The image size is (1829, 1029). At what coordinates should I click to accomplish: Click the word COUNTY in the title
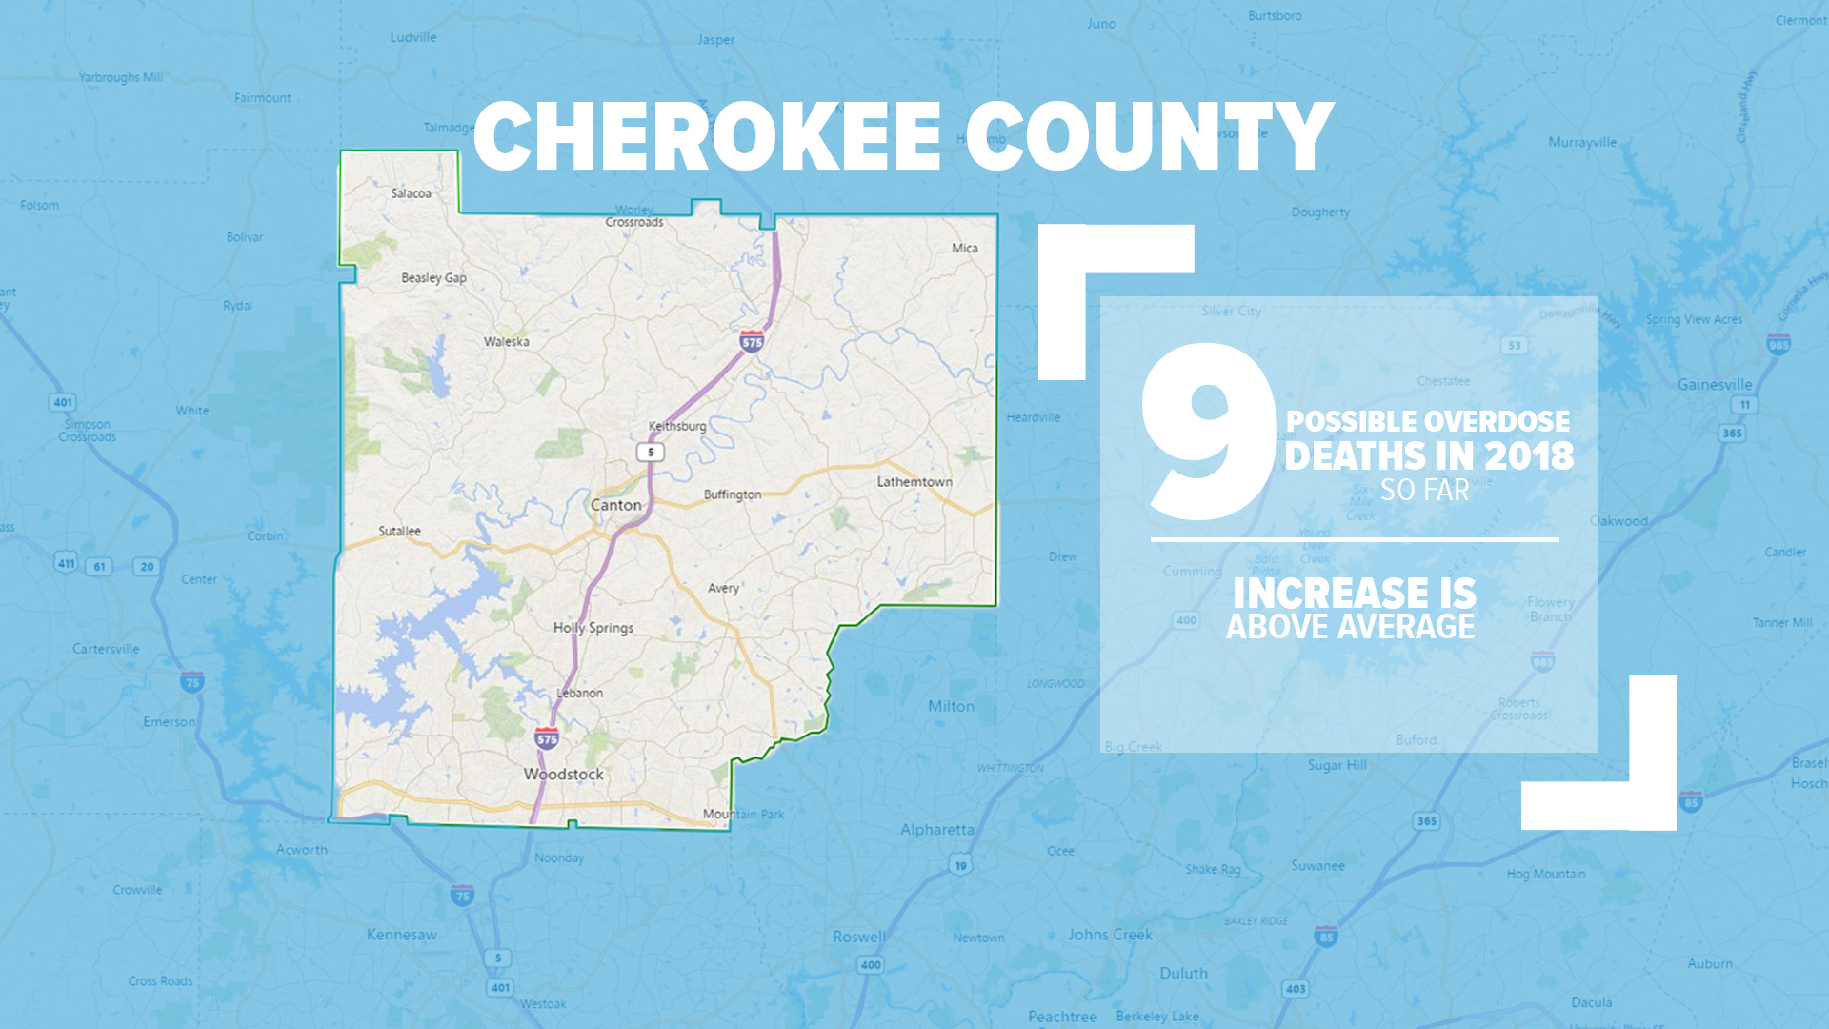pos(1149,137)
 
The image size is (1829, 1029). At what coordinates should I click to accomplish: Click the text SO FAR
pos(1424,491)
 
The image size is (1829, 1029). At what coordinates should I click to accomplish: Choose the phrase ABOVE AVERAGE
pos(1350,627)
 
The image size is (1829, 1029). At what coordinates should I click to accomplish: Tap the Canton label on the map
pos(615,505)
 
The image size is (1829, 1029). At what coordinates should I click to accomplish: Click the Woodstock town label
pos(563,775)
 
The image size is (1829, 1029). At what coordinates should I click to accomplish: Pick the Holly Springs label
pos(593,628)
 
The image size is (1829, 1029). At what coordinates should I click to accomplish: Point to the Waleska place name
pos(506,342)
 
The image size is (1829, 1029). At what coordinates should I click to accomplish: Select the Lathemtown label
pos(914,482)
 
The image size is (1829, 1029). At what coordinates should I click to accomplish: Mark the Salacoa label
pos(411,193)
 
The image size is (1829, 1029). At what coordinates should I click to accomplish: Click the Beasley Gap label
pos(433,278)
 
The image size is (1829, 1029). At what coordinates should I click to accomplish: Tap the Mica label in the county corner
pos(964,248)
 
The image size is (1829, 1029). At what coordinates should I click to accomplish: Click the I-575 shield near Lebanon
pos(547,737)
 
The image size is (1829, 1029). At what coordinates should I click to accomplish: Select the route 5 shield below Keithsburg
pos(651,452)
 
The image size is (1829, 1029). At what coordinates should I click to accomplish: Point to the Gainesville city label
pos(1715,385)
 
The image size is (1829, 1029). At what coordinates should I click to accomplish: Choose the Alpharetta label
pos(937,830)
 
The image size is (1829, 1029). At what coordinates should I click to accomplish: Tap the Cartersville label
pos(106,649)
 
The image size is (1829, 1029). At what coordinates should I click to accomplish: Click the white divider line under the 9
pos(1354,539)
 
